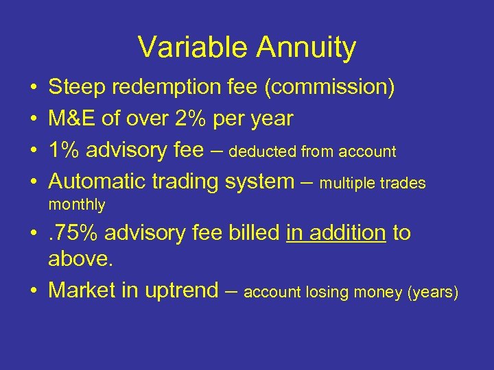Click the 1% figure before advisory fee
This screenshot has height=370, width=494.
pos(63,150)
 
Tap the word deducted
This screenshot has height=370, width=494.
pos(261,151)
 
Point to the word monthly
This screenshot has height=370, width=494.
pos(77,204)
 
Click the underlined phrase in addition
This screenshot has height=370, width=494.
pos(336,233)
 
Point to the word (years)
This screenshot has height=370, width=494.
pos(433,292)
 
